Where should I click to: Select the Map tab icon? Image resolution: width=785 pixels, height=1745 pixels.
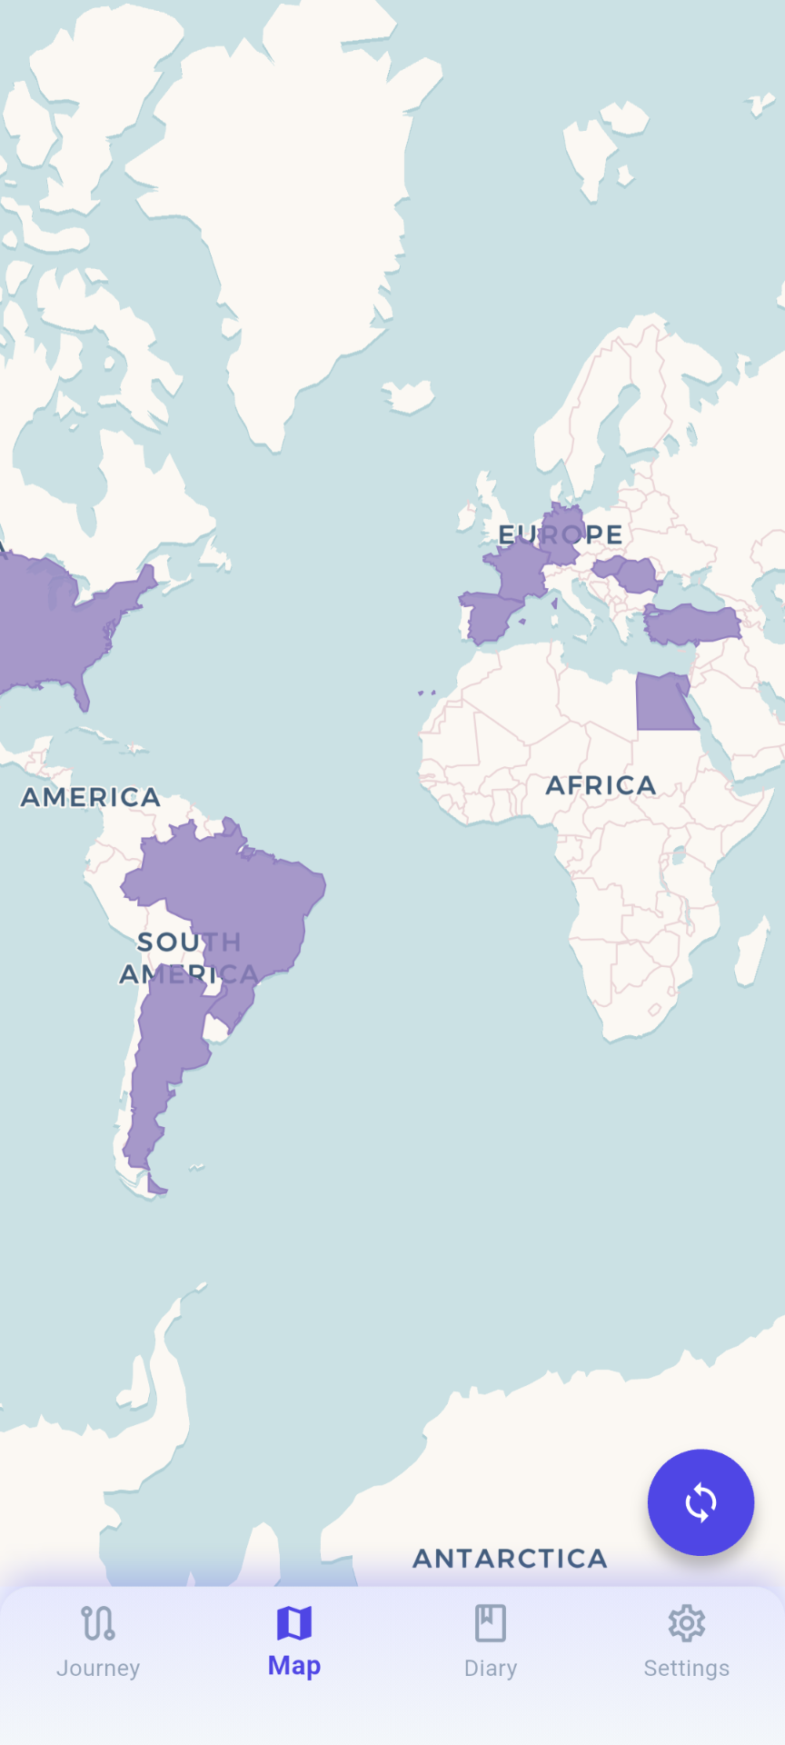tap(294, 1622)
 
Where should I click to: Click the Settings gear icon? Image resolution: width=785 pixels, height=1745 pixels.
tap(687, 1623)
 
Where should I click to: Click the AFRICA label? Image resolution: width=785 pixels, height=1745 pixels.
tap(601, 785)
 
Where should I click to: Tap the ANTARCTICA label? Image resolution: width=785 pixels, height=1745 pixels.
tap(510, 1559)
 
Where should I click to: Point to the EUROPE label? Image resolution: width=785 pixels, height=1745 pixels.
tap(561, 534)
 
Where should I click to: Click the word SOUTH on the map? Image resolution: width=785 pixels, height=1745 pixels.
tap(189, 942)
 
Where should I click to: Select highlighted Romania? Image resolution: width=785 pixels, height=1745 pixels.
tap(636, 574)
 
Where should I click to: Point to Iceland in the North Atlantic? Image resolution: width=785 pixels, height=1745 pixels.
tap(408, 396)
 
